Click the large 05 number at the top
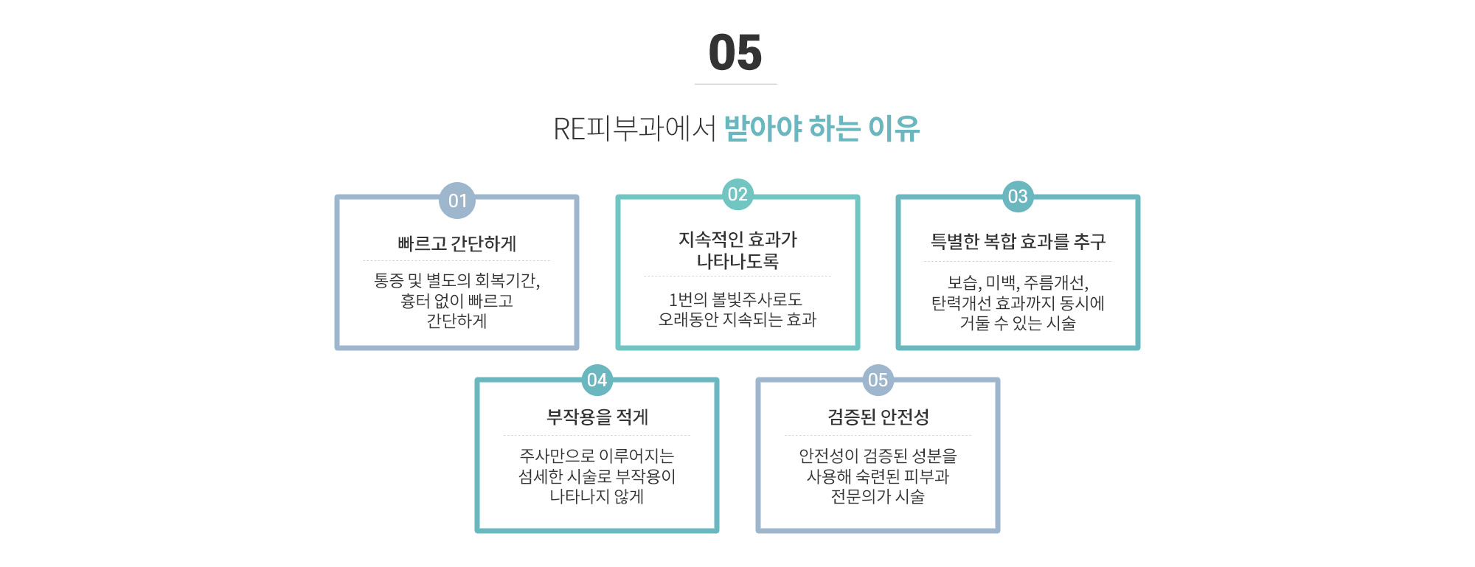coord(735,53)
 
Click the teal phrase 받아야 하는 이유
coord(822,128)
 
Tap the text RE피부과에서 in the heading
coord(634,129)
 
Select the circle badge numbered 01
coord(457,201)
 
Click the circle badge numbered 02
coord(737,195)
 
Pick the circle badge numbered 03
coord(1018,197)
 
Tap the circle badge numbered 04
coord(597,380)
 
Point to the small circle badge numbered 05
coord(878,380)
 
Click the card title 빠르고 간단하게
coord(457,243)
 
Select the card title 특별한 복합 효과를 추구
coord(1018,241)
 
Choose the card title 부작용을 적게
coord(597,417)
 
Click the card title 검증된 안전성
coord(878,417)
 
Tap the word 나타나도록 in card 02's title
coord(737,261)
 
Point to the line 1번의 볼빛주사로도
coord(735,299)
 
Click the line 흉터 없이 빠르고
coord(457,301)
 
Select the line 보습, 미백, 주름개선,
coord(1018,283)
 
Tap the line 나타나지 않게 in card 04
coord(597,497)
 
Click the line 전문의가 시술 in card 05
coord(878,497)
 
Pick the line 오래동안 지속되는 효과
coord(737,320)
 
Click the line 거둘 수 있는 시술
coord(1018,324)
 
